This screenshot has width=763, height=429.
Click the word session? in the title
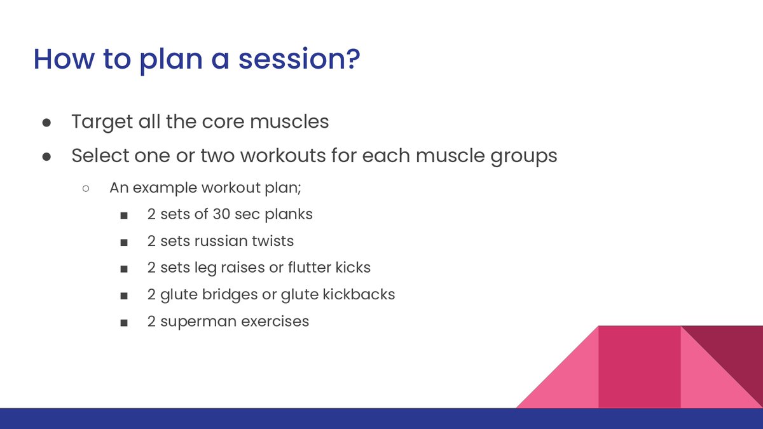299,59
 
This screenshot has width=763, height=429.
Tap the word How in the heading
64,59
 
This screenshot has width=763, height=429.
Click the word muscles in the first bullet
289,121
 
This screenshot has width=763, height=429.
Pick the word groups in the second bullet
524,157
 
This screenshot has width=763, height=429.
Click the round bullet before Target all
46,123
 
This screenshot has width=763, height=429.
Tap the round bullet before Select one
46,156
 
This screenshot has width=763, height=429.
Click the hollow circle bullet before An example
86,188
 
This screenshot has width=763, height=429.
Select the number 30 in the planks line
221,214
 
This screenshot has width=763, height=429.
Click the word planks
289,215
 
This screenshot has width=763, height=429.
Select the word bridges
230,295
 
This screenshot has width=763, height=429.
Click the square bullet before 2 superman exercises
124,323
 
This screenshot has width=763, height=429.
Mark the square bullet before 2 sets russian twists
124,242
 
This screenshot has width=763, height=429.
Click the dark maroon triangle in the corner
736,351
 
